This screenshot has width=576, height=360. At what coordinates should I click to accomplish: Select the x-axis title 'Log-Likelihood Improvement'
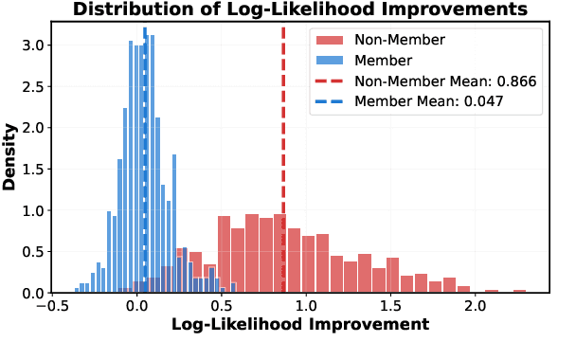pyautogui.click(x=299, y=325)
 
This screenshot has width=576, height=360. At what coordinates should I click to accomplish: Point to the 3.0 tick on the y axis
pyautogui.click(x=30, y=45)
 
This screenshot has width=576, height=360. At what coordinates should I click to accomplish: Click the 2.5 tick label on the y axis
pyautogui.click(x=30, y=86)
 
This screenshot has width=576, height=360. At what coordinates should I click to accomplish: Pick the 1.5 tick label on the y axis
pyautogui.click(x=30, y=169)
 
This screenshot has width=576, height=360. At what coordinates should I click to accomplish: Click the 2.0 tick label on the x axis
pyautogui.click(x=475, y=305)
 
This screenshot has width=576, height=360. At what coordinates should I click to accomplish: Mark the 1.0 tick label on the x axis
pyautogui.click(x=306, y=305)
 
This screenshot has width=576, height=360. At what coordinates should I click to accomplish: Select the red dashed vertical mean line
pyautogui.click(x=283, y=142)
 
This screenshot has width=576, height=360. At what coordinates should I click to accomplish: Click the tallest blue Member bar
pyautogui.click(x=131, y=171)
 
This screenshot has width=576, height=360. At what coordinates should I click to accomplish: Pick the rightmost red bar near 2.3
pyautogui.click(x=519, y=291)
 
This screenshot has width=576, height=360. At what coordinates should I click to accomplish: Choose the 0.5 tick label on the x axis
pyautogui.click(x=222, y=305)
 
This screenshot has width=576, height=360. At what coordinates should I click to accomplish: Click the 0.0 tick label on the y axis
pyautogui.click(x=30, y=293)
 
